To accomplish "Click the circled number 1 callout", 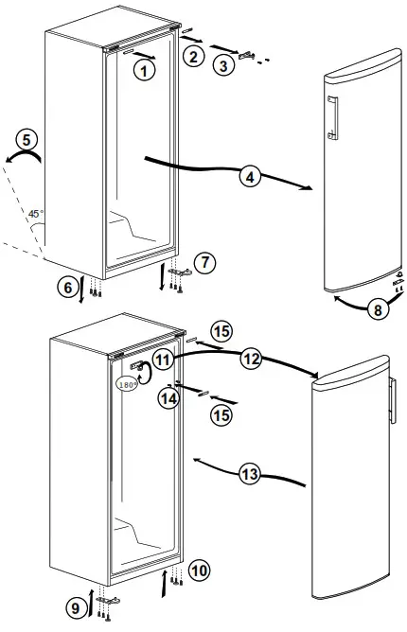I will pos(144,69).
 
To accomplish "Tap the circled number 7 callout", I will pos(205,261).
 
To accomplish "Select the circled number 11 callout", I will pos(165,360).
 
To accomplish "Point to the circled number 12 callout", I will pos(251,360).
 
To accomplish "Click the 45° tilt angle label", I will pos(34,215).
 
